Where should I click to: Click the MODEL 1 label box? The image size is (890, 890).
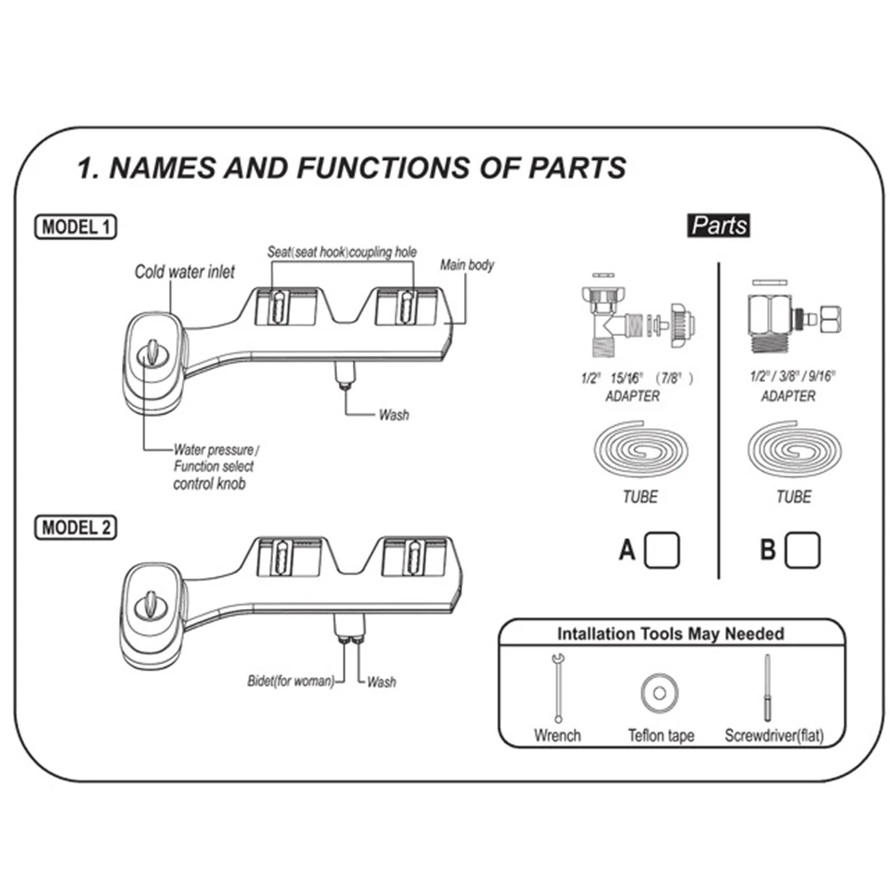[x=76, y=227]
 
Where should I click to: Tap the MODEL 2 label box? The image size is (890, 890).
[x=76, y=527]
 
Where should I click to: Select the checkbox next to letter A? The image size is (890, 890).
[x=661, y=550]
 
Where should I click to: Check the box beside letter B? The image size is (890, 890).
[x=803, y=550]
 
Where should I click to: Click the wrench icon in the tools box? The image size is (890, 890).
[x=557, y=687]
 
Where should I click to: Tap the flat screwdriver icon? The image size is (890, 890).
[x=766, y=689]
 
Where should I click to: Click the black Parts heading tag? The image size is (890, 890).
[x=719, y=225]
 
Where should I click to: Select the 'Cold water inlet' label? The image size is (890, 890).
[x=185, y=271]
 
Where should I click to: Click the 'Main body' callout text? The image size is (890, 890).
[x=467, y=265]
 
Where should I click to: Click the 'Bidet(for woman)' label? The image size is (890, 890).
[x=291, y=682]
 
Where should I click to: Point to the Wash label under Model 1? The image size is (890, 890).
[x=393, y=414]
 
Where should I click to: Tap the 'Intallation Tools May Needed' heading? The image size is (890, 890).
[x=670, y=634]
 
